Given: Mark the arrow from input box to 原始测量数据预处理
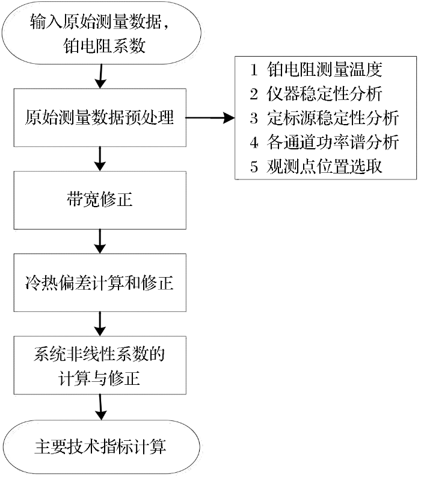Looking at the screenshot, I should [x=100, y=76].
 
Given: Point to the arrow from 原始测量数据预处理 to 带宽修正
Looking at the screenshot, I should [x=100, y=159].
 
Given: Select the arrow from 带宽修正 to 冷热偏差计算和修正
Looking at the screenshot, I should [x=100, y=242].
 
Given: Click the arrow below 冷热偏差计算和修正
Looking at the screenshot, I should [x=100, y=324].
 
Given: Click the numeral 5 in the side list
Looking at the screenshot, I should [x=254, y=167].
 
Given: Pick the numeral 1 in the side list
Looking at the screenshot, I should [x=254, y=70].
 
